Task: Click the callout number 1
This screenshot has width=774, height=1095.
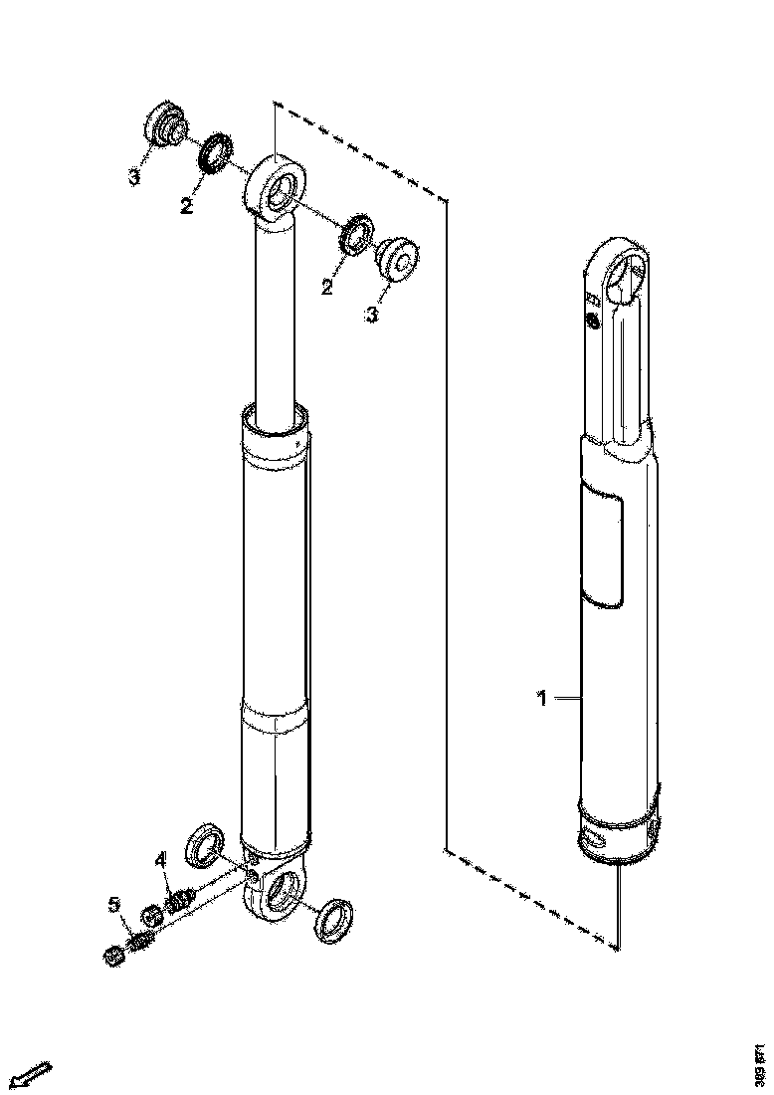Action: (x=542, y=700)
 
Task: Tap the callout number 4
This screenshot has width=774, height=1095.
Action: (x=159, y=862)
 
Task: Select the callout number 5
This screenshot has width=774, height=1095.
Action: (x=114, y=905)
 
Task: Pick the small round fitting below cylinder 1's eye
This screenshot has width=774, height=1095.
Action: (x=593, y=320)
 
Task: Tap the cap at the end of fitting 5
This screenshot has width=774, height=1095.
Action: (x=112, y=957)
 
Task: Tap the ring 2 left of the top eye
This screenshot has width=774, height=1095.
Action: (x=215, y=153)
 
